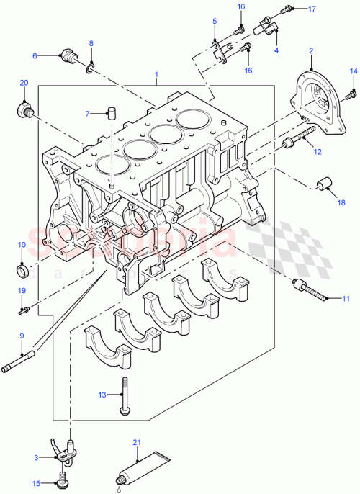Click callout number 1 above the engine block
click(x=156, y=73)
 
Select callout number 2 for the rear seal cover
click(x=310, y=51)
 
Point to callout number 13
click(x=103, y=395)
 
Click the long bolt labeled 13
click(x=126, y=397)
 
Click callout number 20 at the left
click(x=23, y=84)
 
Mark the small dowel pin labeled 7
click(x=112, y=112)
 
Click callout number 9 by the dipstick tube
click(x=21, y=336)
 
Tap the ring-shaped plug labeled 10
click(x=23, y=271)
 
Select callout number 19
click(x=22, y=290)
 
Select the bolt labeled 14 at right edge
click(x=348, y=94)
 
